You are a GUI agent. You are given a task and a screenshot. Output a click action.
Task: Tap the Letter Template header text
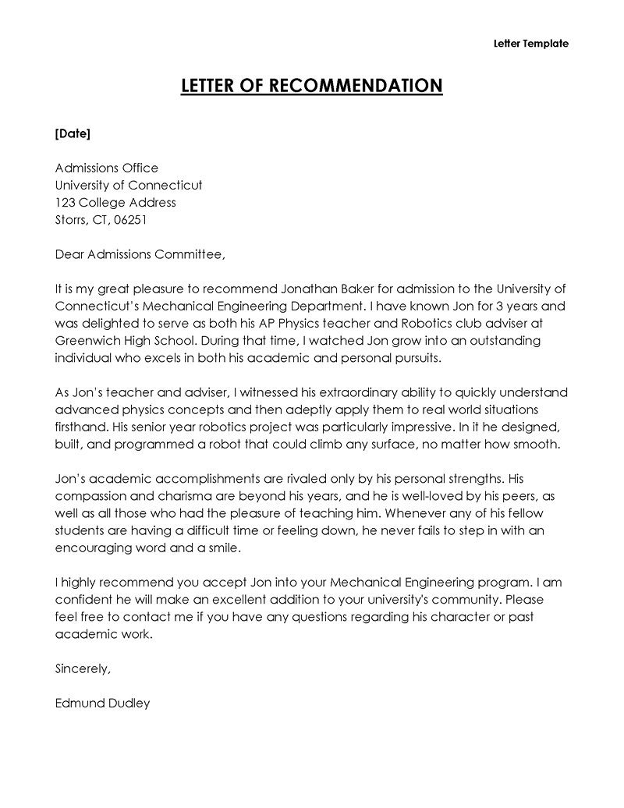[531, 44]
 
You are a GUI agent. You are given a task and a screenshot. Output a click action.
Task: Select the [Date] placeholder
[73, 133]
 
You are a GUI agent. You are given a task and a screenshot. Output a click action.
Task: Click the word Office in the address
[140, 168]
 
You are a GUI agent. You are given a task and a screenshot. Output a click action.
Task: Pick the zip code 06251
[130, 219]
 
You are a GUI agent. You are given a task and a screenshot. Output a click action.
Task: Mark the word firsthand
[81, 427]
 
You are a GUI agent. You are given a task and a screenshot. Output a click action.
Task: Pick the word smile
[223, 547]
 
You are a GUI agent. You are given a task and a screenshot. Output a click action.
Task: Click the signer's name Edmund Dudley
[102, 703]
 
